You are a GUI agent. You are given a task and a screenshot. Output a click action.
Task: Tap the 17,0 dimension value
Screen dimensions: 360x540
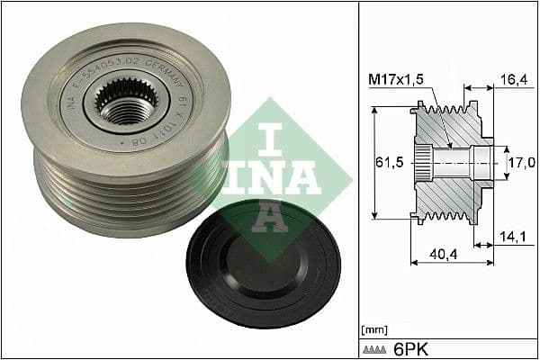[523, 163]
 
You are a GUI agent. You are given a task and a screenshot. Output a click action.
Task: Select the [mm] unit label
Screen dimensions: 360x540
[373, 328]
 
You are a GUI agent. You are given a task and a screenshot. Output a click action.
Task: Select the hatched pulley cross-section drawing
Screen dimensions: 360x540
[450, 162]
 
